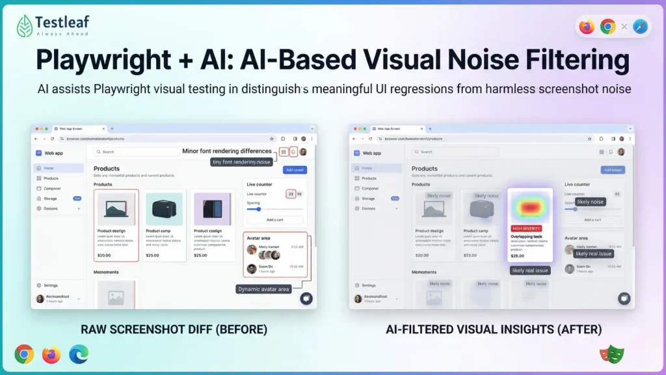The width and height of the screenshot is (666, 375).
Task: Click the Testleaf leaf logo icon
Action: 26,25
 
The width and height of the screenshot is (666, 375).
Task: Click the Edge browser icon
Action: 78,354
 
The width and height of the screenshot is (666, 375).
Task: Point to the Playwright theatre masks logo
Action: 609,354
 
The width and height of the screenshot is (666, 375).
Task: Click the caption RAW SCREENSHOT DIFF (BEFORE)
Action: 174,329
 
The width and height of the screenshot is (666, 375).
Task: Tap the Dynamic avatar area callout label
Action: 263,289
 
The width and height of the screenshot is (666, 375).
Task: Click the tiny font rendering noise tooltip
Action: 241,162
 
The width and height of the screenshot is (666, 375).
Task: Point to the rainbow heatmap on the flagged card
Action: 530,207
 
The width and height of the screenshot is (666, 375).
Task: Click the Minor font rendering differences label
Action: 227,151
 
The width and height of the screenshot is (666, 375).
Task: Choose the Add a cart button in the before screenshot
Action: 274,219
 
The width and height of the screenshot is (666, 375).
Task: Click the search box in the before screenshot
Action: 137,152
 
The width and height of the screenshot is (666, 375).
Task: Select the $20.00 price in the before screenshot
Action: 104,255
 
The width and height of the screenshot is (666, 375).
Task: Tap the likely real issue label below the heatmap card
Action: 530,270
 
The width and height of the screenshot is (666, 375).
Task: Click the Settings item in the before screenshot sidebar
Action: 50,285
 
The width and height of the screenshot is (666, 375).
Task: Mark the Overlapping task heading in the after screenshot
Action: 526,236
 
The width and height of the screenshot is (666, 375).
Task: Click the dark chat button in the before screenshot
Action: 306,298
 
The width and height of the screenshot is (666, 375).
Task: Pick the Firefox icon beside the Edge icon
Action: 51,354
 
